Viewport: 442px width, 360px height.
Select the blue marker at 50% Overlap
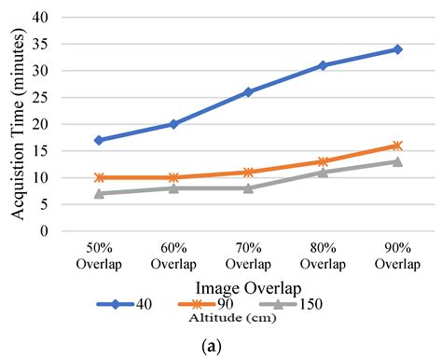click(99, 140)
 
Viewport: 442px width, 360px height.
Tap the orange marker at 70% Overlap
click(248, 173)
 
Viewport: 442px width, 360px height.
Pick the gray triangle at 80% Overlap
click(323, 173)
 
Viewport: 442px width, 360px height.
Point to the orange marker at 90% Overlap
click(397, 145)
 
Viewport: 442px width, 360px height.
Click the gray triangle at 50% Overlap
click(99, 194)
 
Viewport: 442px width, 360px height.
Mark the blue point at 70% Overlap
click(248, 91)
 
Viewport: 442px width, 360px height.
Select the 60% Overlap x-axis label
click(173, 256)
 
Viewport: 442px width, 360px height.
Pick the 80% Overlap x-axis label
click(323, 256)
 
